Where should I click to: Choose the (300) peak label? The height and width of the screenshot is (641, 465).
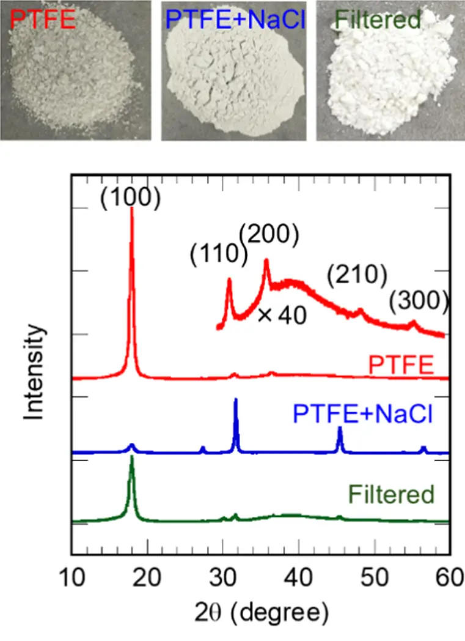(420, 300)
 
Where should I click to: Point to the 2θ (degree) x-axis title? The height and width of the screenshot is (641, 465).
(262, 612)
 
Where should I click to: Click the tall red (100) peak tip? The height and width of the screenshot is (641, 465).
(132, 209)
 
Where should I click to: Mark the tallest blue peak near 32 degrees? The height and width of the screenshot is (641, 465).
(236, 400)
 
